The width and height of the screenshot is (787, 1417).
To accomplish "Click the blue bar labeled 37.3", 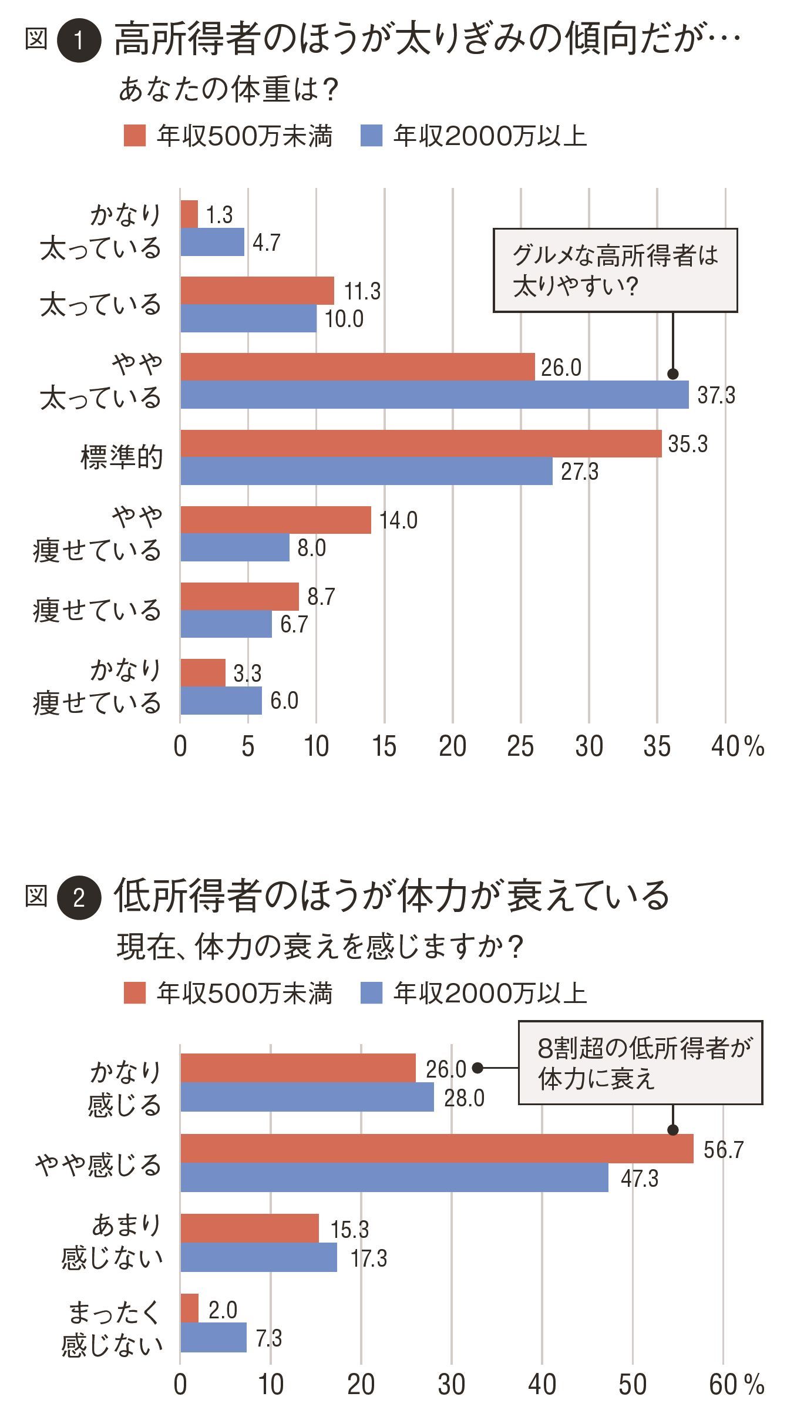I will (x=435, y=395).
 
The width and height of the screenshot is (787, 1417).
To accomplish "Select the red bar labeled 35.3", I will (x=421, y=443).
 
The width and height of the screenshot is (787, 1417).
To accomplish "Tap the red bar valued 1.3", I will (x=189, y=214).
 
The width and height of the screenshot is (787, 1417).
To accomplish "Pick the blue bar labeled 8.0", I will (x=235, y=547).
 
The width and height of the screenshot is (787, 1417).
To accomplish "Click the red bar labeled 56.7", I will (x=437, y=1149).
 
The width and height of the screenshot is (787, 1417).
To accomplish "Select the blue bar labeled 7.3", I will (x=213, y=1338).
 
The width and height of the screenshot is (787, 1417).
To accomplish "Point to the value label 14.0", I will (x=398, y=520).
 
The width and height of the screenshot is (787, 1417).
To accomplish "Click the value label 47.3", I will (x=640, y=1178).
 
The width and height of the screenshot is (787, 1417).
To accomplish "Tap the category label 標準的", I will (x=122, y=457).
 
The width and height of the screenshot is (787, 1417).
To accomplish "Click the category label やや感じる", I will (x=98, y=1164).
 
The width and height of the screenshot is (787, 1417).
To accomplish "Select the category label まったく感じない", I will (x=112, y=1324).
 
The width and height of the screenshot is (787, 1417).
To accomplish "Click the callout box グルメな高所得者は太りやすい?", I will (x=615, y=270).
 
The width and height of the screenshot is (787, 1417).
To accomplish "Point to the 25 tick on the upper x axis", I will (x=520, y=746).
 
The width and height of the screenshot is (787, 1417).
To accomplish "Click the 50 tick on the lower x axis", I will (x=633, y=1384).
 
